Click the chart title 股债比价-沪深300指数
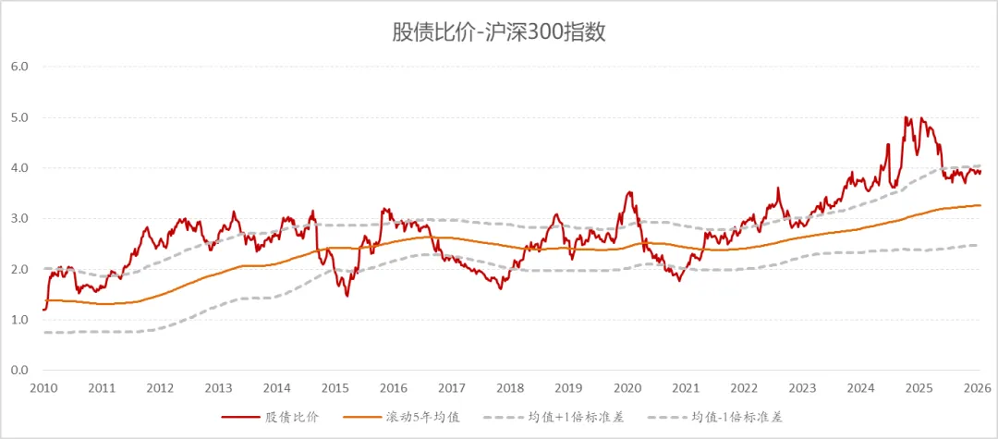point(499,32)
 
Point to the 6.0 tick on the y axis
point(20,67)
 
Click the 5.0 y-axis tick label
point(20,117)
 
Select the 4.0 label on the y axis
point(20,168)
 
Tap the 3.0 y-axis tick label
point(20,219)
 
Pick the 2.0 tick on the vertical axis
point(20,269)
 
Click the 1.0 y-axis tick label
point(20,320)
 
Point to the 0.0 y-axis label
point(20,371)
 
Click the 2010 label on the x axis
point(43,388)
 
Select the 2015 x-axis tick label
point(335,388)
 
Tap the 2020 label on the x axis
point(627,388)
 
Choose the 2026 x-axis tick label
point(978,388)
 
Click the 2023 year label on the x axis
point(802,388)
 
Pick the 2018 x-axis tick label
point(510,388)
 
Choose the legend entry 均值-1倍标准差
point(735,418)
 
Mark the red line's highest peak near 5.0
point(906,117)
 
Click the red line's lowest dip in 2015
point(347,296)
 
